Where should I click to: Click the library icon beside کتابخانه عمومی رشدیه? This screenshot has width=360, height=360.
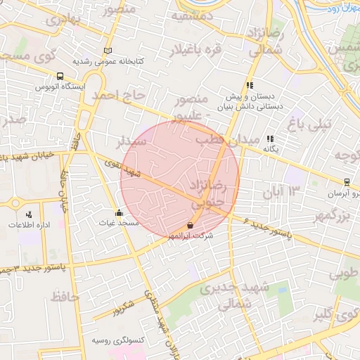108,51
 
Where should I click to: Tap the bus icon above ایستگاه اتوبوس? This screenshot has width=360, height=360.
60,76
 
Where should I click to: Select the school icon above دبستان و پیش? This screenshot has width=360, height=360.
249,84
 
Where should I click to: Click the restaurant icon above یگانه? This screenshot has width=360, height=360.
271,139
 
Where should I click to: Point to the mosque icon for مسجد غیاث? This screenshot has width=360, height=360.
118,212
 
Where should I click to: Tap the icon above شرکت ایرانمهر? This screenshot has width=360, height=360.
190,225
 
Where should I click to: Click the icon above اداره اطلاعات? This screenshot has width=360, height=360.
28,213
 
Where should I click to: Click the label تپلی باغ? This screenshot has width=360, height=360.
304,126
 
